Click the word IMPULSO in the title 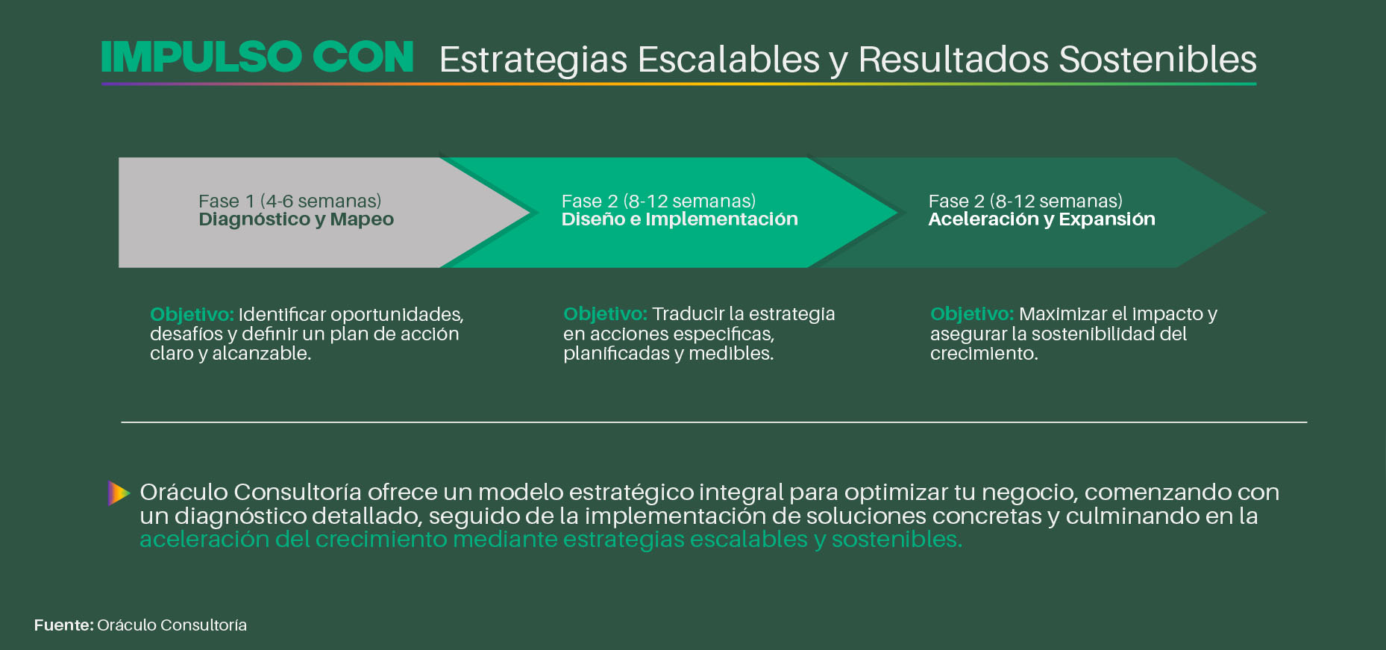click(x=201, y=57)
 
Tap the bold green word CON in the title click(x=363, y=57)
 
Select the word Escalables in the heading click(x=728, y=60)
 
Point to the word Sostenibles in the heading click(x=1158, y=60)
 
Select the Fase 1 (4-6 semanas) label click(x=290, y=201)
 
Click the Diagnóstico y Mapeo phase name click(x=296, y=219)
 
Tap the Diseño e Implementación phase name click(x=680, y=219)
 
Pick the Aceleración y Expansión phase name click(x=1041, y=219)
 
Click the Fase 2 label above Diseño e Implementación click(x=659, y=201)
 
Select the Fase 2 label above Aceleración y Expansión click(x=1026, y=201)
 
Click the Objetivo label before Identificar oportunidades click(x=192, y=315)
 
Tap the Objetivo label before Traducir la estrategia click(x=605, y=314)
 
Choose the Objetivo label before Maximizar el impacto click(x=972, y=314)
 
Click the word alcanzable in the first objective click(x=261, y=353)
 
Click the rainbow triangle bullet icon click(x=119, y=493)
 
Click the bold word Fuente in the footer click(x=63, y=625)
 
